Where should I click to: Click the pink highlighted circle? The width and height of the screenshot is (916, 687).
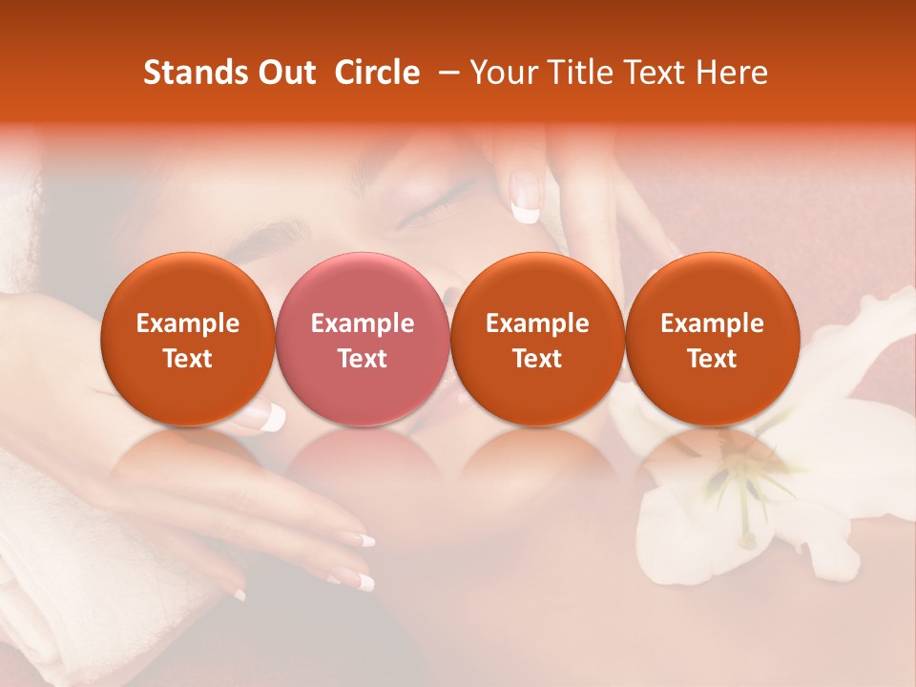tap(362, 340)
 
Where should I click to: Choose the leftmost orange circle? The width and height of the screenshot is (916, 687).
tap(187, 340)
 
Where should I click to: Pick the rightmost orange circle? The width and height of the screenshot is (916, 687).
tap(712, 340)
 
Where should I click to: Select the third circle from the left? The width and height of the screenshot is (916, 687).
tap(537, 340)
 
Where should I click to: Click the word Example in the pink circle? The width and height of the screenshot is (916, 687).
tap(362, 323)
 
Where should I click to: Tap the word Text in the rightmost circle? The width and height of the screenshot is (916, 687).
tap(712, 359)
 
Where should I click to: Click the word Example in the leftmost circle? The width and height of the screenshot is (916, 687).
tap(187, 323)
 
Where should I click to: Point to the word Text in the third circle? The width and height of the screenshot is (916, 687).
tap(537, 359)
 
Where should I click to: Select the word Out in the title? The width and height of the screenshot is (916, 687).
tap(287, 73)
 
